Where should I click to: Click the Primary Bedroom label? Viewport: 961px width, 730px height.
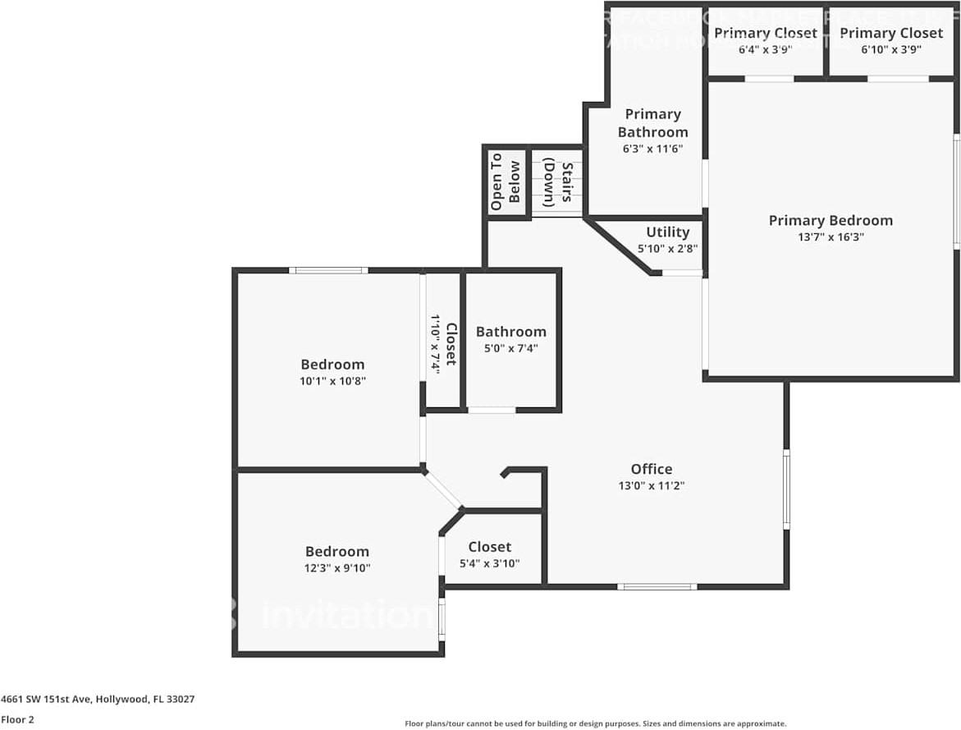pos(831,220)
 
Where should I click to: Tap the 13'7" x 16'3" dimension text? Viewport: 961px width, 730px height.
pos(831,237)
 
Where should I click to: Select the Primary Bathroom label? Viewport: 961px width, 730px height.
pos(652,122)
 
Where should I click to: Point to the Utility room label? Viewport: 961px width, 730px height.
pos(667,232)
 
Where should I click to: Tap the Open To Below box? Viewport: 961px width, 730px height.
pos(506,181)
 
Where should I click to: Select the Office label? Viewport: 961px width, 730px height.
pos(652,469)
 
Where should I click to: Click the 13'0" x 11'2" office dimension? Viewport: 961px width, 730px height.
pos(652,485)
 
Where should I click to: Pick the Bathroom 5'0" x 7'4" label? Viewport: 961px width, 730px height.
pos(510,332)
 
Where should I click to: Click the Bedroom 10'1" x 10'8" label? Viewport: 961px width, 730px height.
pos(332,365)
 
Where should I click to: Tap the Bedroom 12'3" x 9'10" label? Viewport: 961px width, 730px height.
pos(337,552)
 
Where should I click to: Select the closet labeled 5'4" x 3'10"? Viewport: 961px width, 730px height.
pos(490,547)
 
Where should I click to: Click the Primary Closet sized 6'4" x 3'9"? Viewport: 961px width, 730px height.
pos(765,33)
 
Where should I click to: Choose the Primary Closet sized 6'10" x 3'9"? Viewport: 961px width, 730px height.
pos(891,33)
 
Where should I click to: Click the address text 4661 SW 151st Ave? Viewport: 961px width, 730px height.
pos(98,700)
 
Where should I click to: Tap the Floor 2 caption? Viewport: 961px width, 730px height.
pos(17,719)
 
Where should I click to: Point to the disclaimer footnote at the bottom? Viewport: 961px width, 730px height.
pos(595,723)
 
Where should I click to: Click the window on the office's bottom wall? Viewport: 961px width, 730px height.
pos(657,586)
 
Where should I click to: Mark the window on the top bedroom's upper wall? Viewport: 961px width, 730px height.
pos(327,269)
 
